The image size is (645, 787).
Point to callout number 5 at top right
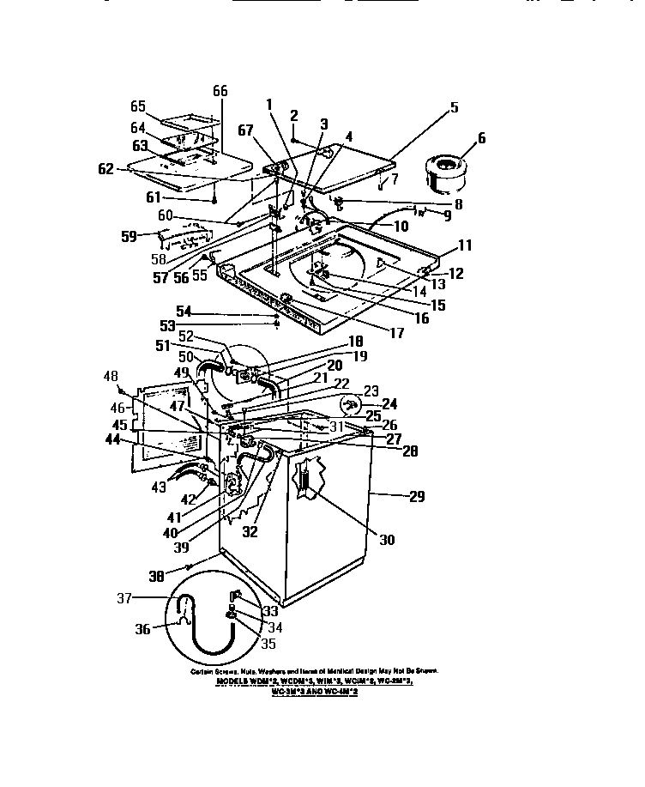pos(453,108)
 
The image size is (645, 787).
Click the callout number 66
pos(220,92)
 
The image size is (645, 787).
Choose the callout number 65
pos(138,107)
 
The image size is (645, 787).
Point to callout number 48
pos(111,375)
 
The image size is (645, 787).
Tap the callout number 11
pos(464,246)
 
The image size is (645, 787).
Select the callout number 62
pos(106,169)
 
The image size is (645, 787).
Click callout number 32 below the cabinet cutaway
pos(250,532)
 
